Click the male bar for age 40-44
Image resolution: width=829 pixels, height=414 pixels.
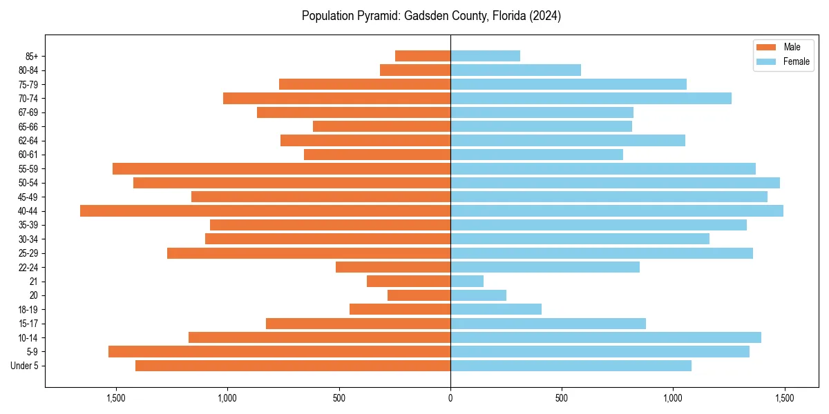(265, 211)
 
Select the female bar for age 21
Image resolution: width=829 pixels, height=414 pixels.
(467, 282)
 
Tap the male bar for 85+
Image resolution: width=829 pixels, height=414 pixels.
(423, 56)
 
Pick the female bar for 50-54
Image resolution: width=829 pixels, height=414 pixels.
(615, 183)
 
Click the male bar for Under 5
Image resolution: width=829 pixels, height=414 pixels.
(293, 366)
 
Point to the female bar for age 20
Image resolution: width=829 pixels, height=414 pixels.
(478, 295)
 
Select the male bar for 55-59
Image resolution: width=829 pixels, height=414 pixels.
(281, 169)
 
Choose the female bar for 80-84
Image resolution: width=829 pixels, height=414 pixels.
(515, 70)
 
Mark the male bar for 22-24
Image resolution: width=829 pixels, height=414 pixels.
(393, 267)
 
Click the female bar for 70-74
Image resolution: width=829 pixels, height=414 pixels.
(591, 99)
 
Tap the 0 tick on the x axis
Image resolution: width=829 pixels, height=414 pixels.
(450, 398)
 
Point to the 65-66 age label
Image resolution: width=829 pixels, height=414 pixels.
(28, 127)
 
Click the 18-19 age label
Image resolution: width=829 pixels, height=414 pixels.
(28, 310)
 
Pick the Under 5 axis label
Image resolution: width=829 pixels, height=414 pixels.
(25, 366)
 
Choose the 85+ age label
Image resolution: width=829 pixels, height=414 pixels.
(32, 56)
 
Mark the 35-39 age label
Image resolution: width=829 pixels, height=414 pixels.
(28, 225)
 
